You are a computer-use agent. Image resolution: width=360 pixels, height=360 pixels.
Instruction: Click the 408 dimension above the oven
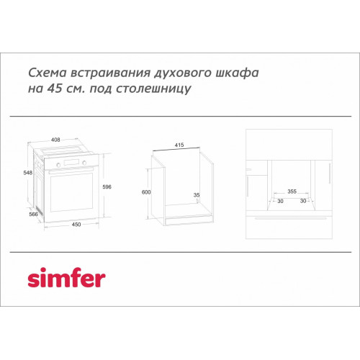55,140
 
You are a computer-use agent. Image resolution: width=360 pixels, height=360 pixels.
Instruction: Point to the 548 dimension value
27,173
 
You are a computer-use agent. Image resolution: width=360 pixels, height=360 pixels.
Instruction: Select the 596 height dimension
107,186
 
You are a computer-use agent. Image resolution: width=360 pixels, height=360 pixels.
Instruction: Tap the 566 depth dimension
33,214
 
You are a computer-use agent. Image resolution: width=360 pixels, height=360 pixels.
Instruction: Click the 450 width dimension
76,225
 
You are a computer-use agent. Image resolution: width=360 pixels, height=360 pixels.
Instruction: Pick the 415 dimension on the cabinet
179,145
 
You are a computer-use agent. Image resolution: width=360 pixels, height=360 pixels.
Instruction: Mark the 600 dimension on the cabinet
146,192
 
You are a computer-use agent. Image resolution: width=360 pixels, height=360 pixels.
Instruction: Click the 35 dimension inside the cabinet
197,195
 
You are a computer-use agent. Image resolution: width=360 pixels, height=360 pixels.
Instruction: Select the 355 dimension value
292,192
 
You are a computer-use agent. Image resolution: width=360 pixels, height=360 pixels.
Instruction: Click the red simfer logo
66,278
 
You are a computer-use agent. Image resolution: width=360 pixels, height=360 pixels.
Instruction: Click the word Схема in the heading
47,73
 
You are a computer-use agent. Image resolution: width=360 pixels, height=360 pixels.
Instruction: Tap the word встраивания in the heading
110,73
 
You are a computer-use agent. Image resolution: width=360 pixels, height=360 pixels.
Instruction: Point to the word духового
182,73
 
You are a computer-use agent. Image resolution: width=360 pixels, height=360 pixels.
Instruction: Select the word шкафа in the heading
237,73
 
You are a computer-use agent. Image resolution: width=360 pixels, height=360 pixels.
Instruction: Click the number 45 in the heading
55,89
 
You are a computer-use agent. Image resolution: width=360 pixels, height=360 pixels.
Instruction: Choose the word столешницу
153,89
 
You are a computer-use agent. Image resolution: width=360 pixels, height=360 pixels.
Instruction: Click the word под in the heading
101,89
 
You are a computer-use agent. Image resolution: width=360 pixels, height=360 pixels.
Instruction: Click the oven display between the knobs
71,163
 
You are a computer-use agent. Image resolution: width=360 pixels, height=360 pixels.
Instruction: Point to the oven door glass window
71,192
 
